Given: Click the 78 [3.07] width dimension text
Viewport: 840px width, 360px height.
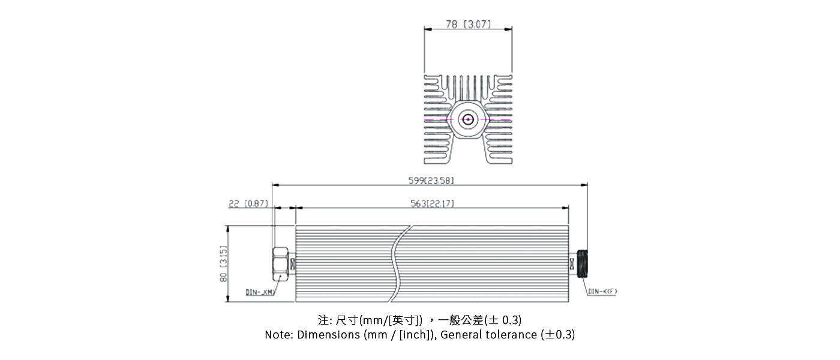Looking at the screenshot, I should [x=468, y=25].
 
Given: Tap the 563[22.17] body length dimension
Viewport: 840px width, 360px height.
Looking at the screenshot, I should [x=432, y=204].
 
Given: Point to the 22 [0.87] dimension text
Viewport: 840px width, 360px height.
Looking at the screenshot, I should [x=249, y=204].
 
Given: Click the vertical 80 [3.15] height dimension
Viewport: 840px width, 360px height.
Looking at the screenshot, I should [x=223, y=264].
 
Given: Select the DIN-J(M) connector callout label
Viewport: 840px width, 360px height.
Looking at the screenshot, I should [x=260, y=292].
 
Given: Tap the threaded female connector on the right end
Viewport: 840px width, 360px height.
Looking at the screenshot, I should [x=580, y=263].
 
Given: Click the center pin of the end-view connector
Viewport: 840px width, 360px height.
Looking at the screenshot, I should [x=468, y=119].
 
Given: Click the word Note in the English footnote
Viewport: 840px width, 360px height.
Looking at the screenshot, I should [x=278, y=335].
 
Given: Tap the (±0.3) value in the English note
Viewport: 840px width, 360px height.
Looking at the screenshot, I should [x=557, y=335].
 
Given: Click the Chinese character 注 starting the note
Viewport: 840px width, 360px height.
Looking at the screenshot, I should [x=323, y=320].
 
